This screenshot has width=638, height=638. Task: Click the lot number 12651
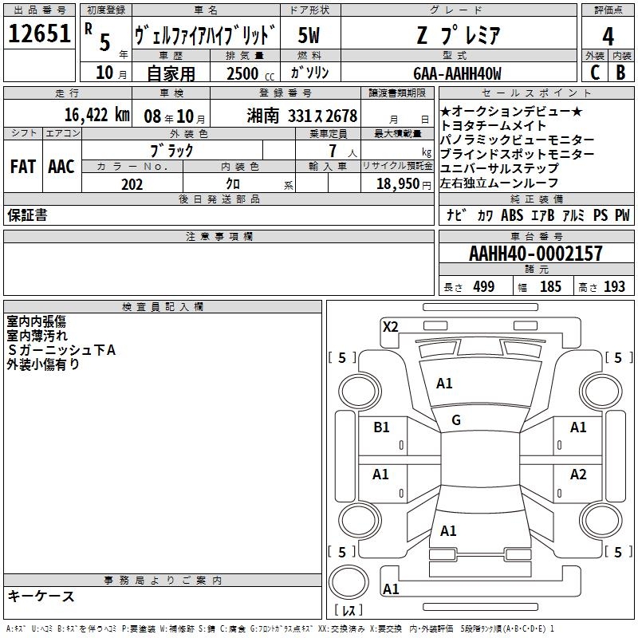click(x=39, y=33)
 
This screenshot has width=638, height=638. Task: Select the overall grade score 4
click(x=608, y=37)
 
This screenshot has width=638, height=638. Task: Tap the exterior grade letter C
click(x=595, y=73)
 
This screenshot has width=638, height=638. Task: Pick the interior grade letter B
click(x=620, y=73)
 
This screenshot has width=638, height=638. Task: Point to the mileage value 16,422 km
click(x=96, y=115)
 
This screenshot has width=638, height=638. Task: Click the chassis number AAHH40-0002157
click(x=535, y=253)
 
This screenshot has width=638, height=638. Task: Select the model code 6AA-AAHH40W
click(x=457, y=73)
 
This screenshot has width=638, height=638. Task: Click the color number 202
click(x=132, y=184)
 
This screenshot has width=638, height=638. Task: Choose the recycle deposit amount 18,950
click(x=398, y=184)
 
